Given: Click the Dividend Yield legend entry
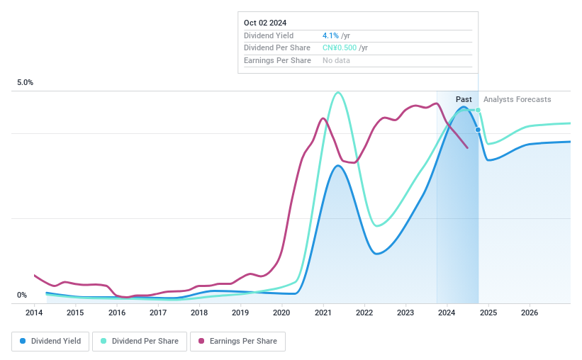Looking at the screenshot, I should pyautogui.click(x=50, y=341).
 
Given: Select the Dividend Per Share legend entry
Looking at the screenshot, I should pyautogui.click(x=144, y=341).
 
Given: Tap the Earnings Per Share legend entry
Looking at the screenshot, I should pyautogui.click(x=237, y=341).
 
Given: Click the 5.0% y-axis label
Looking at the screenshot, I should pyautogui.click(x=26, y=83).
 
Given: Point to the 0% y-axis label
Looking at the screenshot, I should pyautogui.click(x=22, y=296).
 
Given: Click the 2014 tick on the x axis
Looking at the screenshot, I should pyautogui.click(x=34, y=313).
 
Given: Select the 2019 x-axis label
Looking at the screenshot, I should pyautogui.click(x=240, y=313).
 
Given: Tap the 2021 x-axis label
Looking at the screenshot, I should pyautogui.click(x=323, y=313).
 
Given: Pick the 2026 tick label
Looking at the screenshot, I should pyautogui.click(x=530, y=313).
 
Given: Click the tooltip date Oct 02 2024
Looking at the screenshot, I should pyautogui.click(x=265, y=23).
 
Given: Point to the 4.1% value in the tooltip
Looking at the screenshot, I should pyautogui.click(x=330, y=35).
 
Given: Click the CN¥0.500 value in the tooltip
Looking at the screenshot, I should pyautogui.click(x=340, y=47).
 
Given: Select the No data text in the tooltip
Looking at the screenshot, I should pyautogui.click(x=336, y=60).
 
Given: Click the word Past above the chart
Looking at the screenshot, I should pyautogui.click(x=464, y=99).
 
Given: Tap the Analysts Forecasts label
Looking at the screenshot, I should pyautogui.click(x=517, y=99).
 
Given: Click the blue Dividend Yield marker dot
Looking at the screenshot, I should pyautogui.click(x=479, y=130).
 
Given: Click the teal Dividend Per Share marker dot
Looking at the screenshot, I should pyautogui.click(x=479, y=110).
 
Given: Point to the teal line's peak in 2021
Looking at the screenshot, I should pyautogui.click(x=338, y=92).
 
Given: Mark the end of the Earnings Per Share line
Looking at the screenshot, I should pyautogui.click(x=467, y=147).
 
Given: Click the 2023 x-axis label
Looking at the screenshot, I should pyautogui.click(x=405, y=313).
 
